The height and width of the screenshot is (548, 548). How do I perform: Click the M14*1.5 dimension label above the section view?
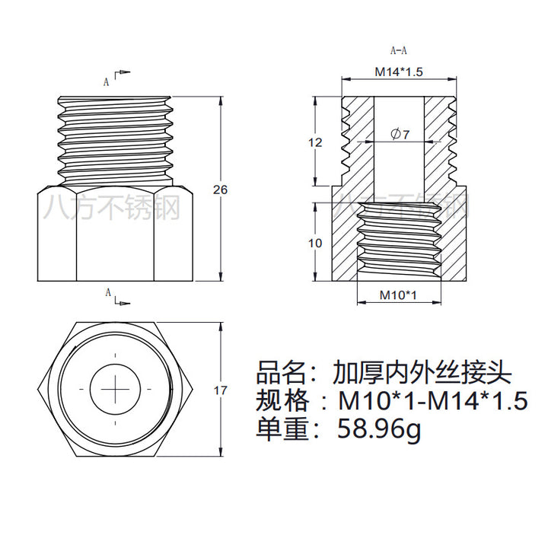click(399, 72)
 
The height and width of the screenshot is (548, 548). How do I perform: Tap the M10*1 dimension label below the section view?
click(398, 295)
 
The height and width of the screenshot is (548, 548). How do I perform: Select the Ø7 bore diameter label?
click(400, 134)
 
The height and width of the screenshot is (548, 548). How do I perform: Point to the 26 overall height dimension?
click(220, 190)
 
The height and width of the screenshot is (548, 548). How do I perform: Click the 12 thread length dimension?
click(315, 142)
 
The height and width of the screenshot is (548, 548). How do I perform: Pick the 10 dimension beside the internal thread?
click(315, 243)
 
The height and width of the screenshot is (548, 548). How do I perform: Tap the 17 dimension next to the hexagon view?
click(220, 390)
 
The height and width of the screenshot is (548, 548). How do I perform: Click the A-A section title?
click(398, 51)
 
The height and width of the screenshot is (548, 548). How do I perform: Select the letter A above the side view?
click(107, 81)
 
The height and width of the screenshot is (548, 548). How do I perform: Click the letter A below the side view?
click(108, 292)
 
